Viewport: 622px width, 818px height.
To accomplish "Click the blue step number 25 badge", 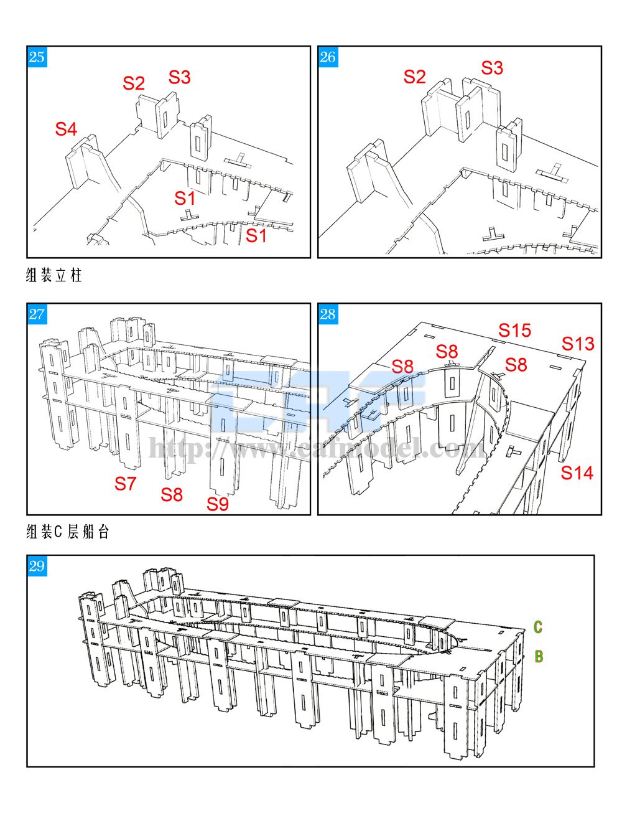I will (x=37, y=57).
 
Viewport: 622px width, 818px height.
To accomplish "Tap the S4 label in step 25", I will (x=66, y=129).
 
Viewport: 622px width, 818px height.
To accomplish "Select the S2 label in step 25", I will (x=134, y=83).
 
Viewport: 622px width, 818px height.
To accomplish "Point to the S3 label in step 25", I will (x=179, y=77).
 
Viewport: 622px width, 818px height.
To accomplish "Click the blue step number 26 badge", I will (x=328, y=57).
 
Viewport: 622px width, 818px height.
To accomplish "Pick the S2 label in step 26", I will (x=415, y=77).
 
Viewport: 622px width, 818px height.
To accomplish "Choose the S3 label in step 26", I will (x=491, y=67).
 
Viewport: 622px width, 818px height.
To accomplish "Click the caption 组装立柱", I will (x=54, y=276).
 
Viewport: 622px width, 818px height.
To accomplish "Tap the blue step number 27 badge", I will (x=37, y=314).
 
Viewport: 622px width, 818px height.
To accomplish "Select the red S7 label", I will (x=125, y=482).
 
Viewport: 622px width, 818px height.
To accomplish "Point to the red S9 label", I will (x=218, y=504).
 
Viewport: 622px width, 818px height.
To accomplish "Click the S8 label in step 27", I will (x=172, y=494).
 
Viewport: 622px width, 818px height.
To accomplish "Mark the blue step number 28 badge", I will (x=328, y=314).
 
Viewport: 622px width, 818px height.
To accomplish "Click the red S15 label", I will (x=514, y=330).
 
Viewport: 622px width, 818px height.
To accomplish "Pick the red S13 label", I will (x=578, y=343).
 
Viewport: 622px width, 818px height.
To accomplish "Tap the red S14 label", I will (x=577, y=472).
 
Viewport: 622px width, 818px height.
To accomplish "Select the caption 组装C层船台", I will (x=68, y=532).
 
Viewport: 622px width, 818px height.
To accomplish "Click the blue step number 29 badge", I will (x=37, y=565).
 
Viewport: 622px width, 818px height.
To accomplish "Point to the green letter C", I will (x=538, y=627).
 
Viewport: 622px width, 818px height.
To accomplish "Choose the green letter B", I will (x=539, y=656).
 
